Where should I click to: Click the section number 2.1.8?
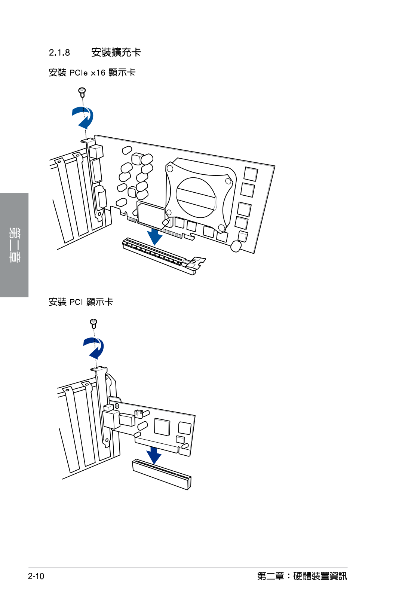point(59,53)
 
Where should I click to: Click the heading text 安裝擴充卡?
point(116,52)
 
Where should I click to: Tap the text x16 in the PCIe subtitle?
point(98,73)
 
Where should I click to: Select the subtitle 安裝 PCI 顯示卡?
point(81,302)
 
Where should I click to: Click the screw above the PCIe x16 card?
point(82,92)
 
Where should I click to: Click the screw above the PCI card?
point(93,323)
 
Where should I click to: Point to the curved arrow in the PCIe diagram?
point(83,117)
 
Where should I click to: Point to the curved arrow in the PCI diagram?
point(94,348)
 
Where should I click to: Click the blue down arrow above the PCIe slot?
point(154,236)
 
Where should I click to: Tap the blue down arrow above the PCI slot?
point(154,455)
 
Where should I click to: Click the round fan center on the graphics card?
point(196,197)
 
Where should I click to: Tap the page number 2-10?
point(36,576)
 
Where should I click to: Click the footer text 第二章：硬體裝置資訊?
point(302,576)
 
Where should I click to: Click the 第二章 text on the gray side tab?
point(14,245)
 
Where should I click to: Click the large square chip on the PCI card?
point(162,427)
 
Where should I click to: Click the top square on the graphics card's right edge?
point(251,174)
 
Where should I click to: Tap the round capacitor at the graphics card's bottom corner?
point(236,246)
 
